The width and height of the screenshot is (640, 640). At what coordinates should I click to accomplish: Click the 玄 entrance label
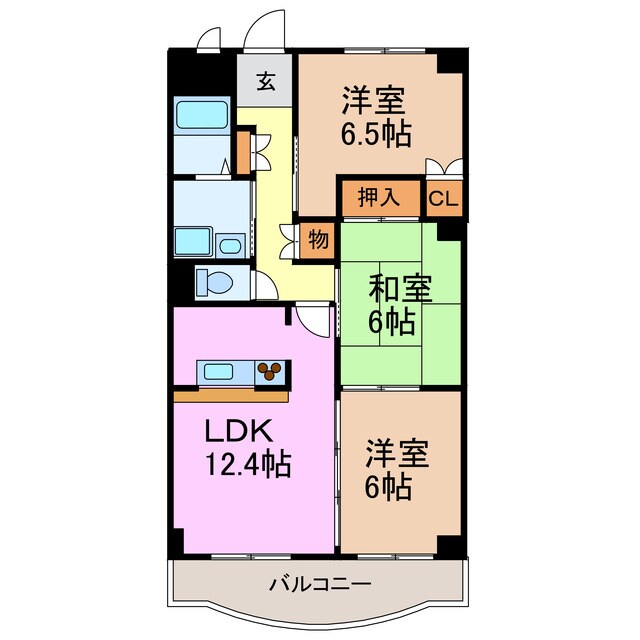click(x=266, y=83)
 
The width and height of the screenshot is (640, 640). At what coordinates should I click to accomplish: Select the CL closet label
click(x=444, y=198)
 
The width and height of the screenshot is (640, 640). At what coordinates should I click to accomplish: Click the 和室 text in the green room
click(x=399, y=289)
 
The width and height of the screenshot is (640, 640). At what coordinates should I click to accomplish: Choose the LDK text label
click(x=238, y=432)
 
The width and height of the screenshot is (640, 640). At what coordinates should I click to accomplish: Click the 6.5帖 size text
click(x=376, y=133)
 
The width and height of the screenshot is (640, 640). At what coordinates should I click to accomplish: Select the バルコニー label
click(x=307, y=583)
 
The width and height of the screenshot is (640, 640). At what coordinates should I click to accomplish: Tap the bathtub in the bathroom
click(x=202, y=116)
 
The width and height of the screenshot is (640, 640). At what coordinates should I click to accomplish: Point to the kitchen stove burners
click(x=270, y=374)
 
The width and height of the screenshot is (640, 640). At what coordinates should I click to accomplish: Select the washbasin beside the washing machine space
click(x=231, y=245)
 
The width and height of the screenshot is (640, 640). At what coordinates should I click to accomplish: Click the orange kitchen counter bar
click(x=231, y=396)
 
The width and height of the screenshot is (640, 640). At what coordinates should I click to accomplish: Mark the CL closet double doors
click(x=444, y=168)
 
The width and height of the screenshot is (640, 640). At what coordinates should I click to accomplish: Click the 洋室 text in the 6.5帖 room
click(x=376, y=100)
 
